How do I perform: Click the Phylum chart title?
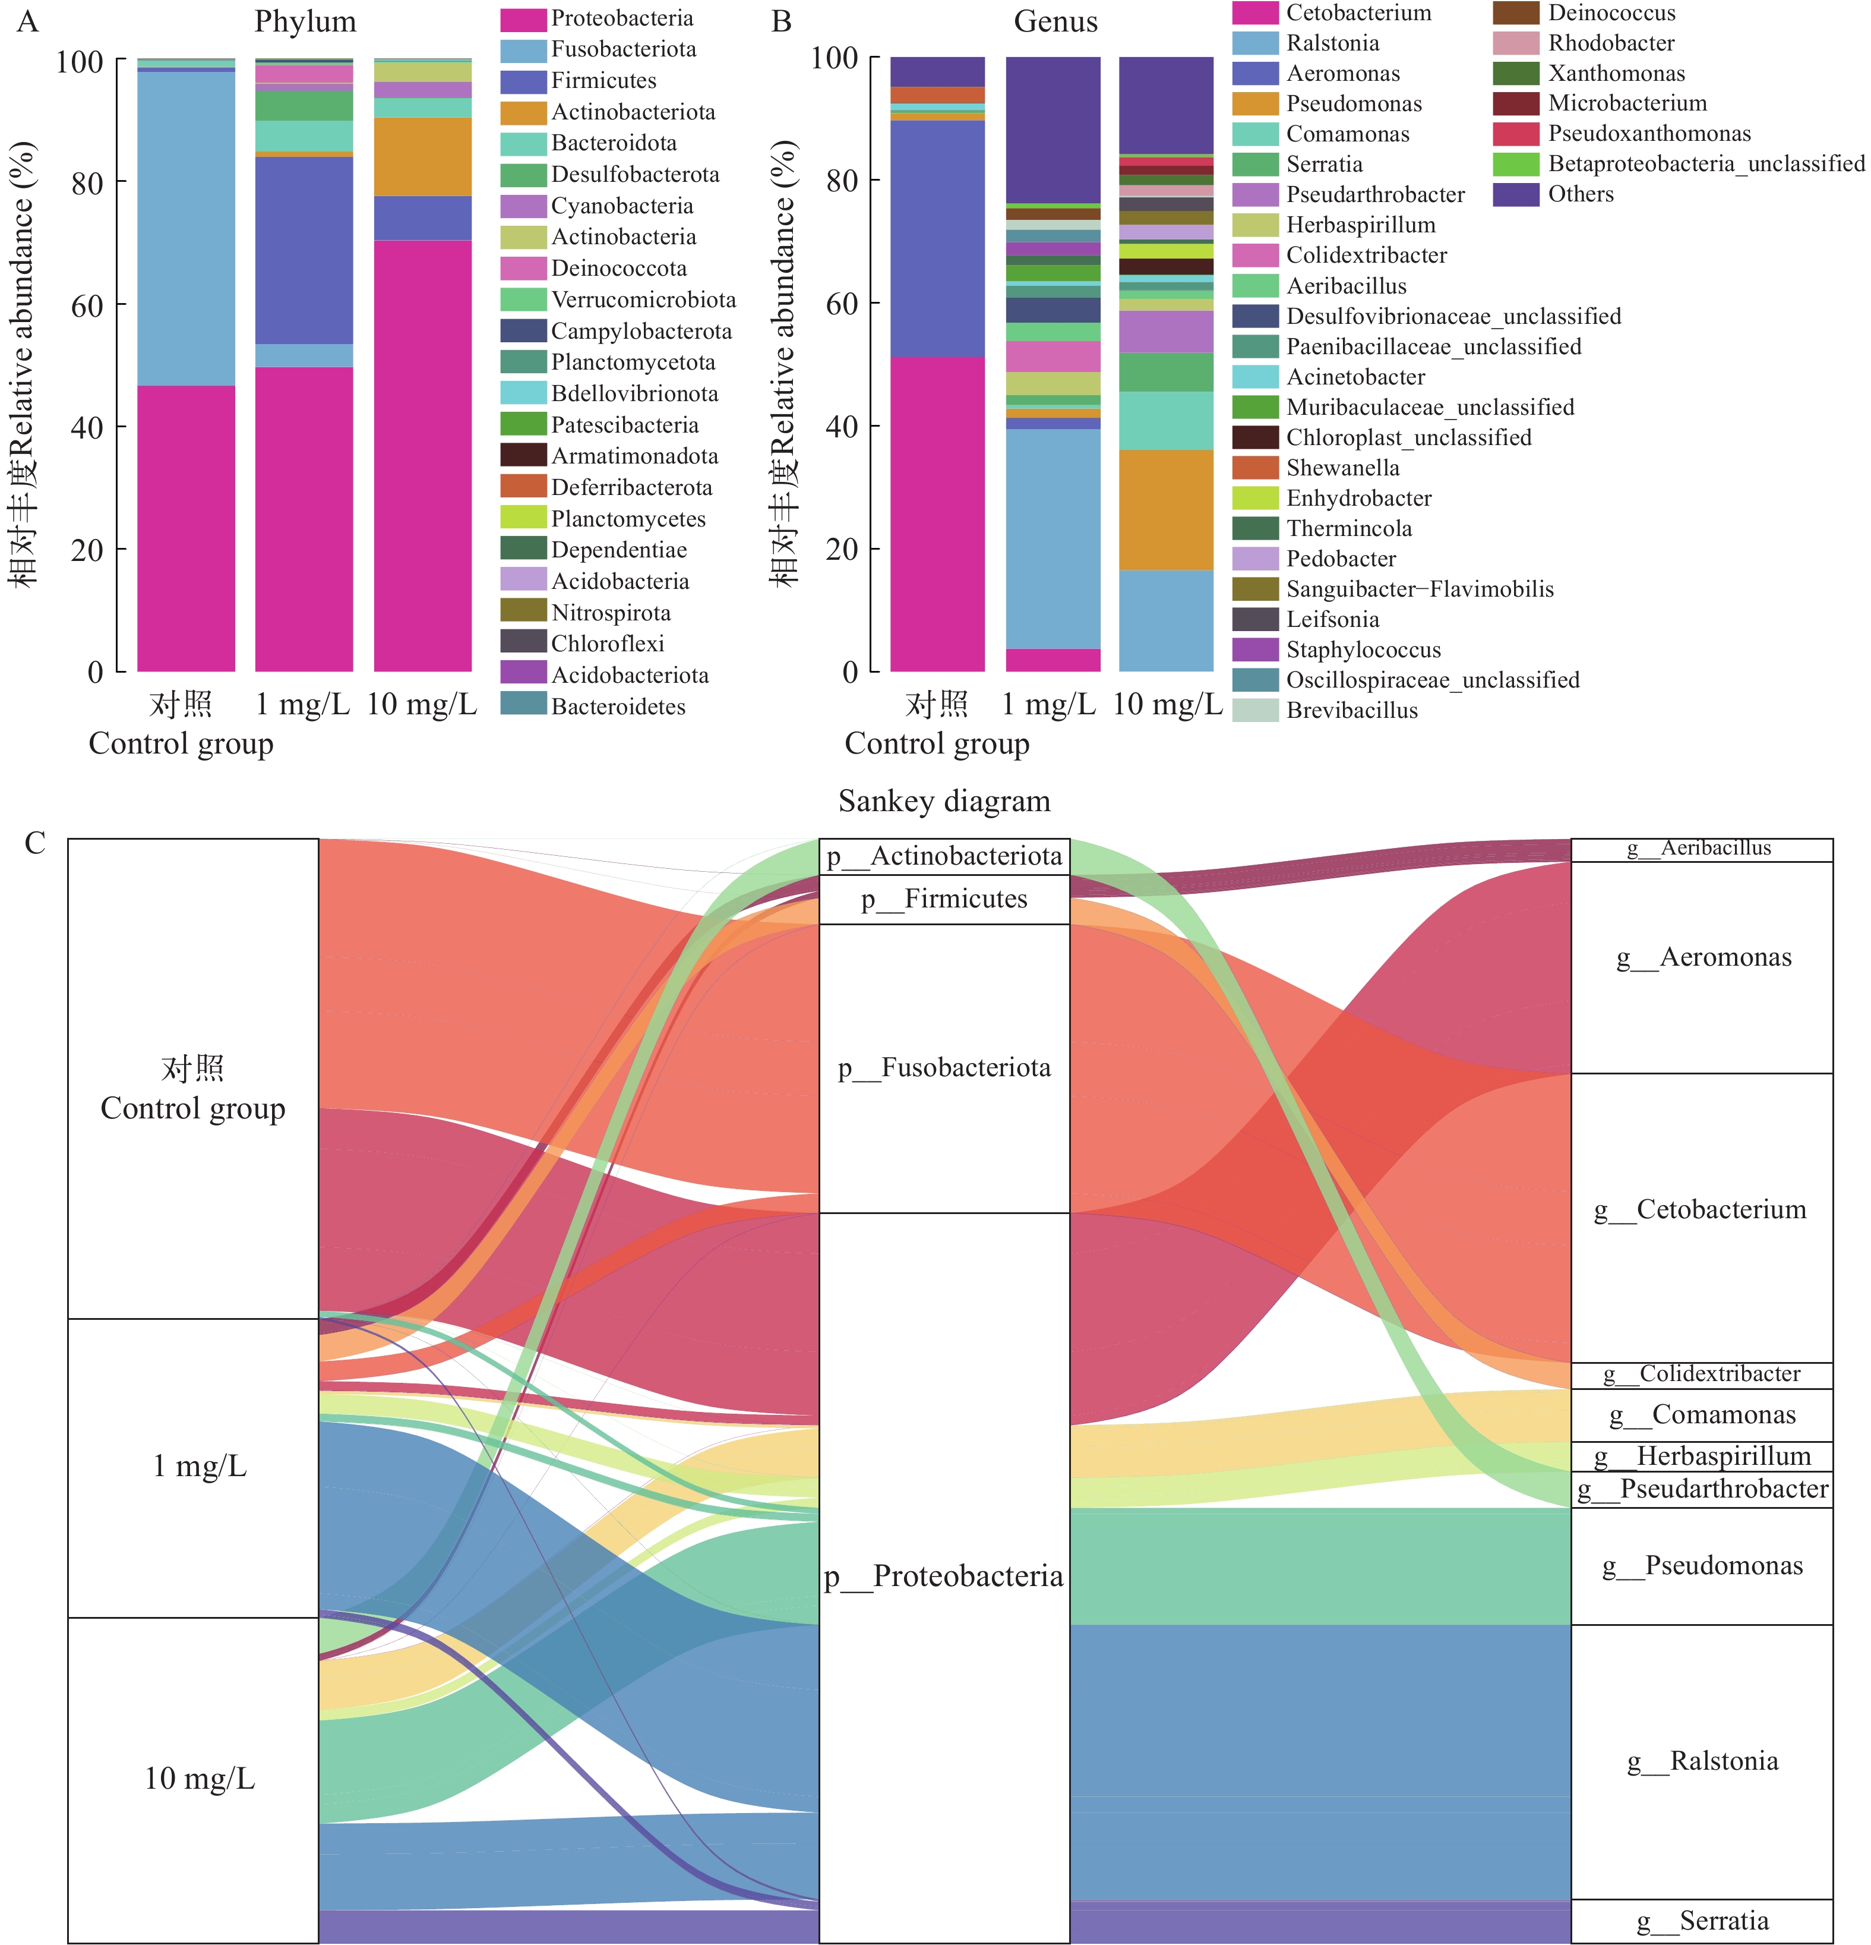(305, 22)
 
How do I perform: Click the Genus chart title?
(1055, 22)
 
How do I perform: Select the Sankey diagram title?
(943, 801)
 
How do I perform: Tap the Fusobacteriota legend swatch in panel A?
(523, 49)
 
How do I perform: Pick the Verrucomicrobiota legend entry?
(643, 300)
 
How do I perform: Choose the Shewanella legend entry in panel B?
(1342, 468)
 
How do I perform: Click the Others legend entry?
(1581, 194)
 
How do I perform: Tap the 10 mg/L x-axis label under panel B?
(1168, 705)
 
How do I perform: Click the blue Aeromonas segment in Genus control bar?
(937, 238)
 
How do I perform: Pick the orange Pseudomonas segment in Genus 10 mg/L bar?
(1165, 509)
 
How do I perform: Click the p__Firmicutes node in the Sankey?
(943, 899)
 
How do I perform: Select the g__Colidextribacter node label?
(1719, 1375)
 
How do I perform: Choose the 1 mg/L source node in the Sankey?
(194, 1467)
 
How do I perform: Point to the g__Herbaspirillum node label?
(1723, 1457)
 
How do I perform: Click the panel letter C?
(34, 843)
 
